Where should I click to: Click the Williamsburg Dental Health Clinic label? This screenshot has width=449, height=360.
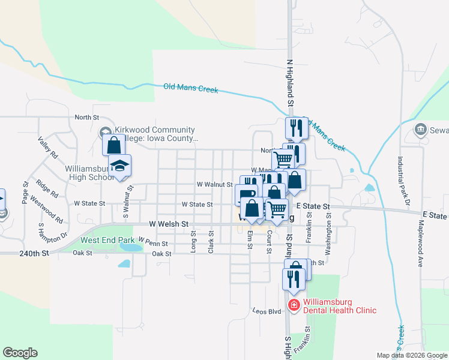pyautogui.click(x=340, y=306)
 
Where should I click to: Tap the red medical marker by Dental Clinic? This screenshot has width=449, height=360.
pyautogui.click(x=294, y=306)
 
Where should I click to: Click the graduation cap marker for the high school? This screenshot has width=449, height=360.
pyautogui.click(x=119, y=166)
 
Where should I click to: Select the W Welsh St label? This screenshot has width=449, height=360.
pyautogui.click(x=169, y=224)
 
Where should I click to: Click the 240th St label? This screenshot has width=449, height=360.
pyautogui.click(x=32, y=254)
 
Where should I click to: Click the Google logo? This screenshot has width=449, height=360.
pyautogui.click(x=20, y=353)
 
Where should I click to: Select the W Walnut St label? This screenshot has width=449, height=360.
pyautogui.click(x=214, y=185)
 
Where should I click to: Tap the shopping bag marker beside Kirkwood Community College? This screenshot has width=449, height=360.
pyautogui.click(x=113, y=145)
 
